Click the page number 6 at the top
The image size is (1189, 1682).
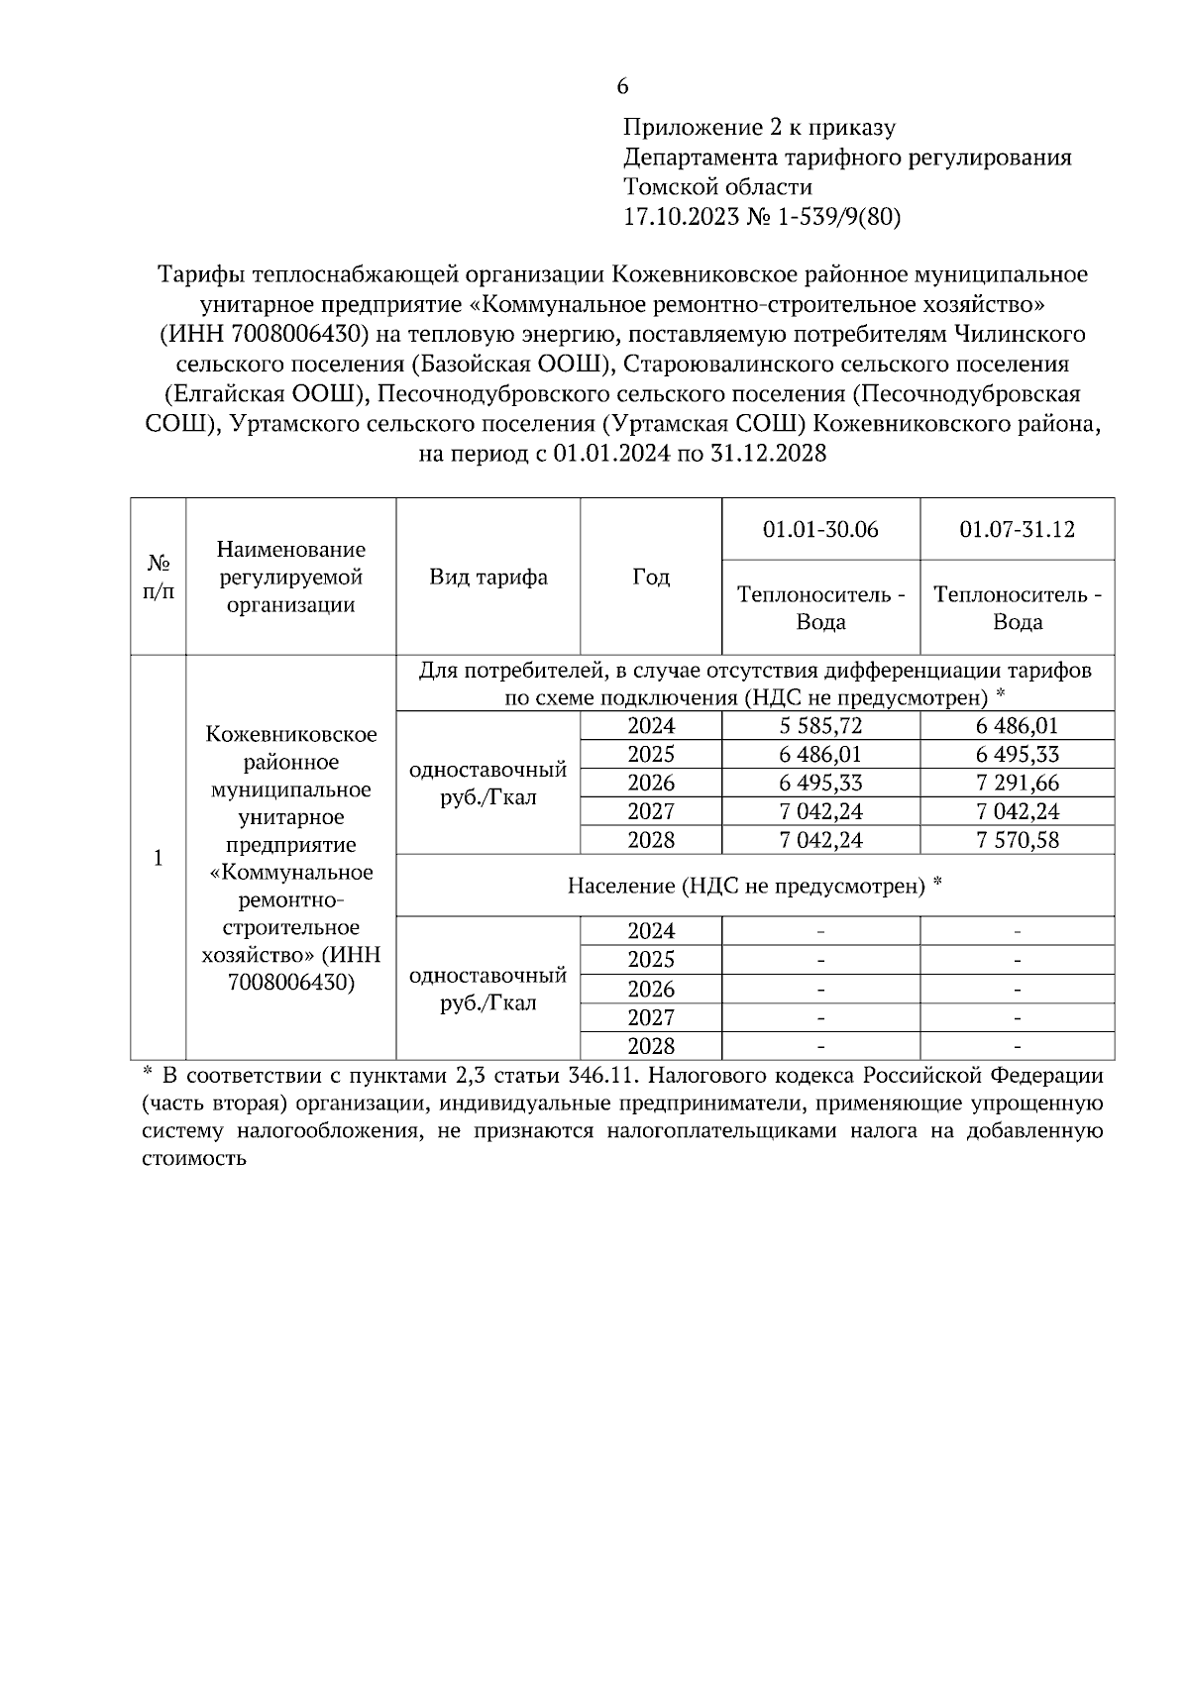tap(622, 87)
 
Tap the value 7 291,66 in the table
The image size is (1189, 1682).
tap(1017, 784)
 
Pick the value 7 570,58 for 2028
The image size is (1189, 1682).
tap(1017, 841)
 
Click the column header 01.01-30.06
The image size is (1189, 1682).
tap(820, 529)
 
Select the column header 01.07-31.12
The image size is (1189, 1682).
tap(1017, 529)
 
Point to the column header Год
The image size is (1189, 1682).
tap(651, 577)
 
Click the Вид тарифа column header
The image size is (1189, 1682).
tap(487, 577)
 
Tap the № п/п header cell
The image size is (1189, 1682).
tap(159, 577)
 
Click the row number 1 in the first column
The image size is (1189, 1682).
tap(159, 858)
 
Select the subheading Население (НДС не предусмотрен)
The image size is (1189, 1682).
tap(754, 886)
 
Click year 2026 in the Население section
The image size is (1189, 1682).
tap(651, 990)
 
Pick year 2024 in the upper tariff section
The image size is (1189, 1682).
tap(651, 726)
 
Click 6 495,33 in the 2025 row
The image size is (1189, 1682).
tap(1017, 755)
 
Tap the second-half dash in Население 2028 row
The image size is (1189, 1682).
tap(1017, 1047)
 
